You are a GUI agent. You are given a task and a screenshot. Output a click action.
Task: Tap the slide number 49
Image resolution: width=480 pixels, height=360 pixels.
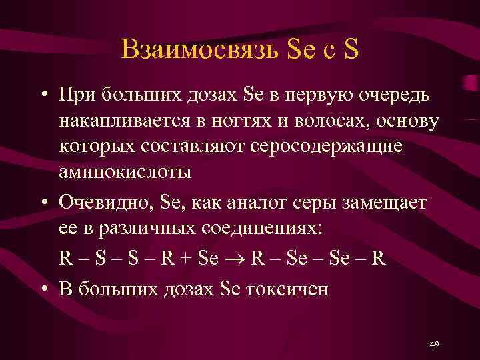coord(434,344)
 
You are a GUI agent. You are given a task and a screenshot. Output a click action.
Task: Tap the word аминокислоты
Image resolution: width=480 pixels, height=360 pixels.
coord(125,171)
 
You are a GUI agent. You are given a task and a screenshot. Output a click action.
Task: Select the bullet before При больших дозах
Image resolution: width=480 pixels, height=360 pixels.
coord(42,95)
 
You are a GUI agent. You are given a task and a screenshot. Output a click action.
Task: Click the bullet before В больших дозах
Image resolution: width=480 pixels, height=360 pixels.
coord(42,289)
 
